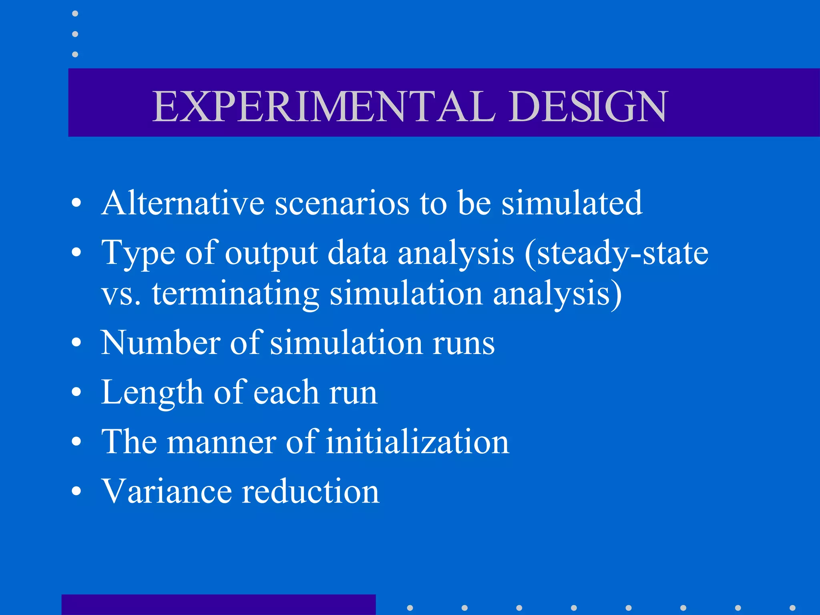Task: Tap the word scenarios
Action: tap(342, 203)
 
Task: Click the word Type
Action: tap(138, 253)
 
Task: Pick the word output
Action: tap(271, 254)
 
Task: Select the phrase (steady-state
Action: tap(617, 253)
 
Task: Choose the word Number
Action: tap(161, 343)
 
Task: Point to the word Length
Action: tap(152, 392)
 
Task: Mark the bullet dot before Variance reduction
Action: tap(76, 491)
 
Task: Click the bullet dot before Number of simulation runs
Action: tap(76, 343)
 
